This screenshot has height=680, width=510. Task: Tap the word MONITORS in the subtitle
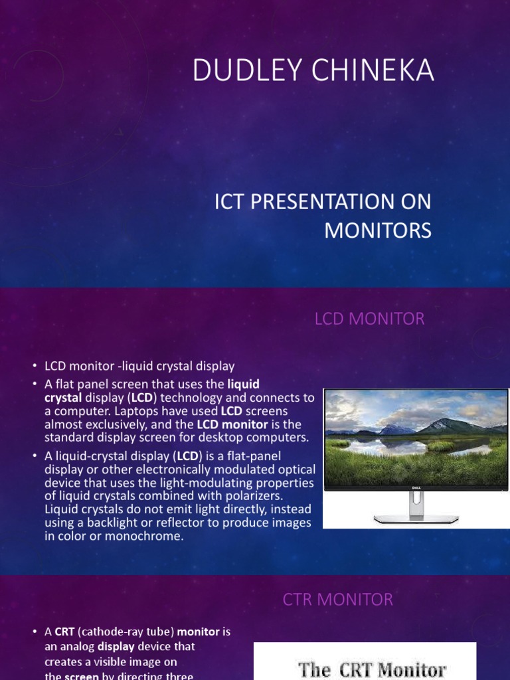(x=377, y=230)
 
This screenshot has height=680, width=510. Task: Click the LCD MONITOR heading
(x=369, y=319)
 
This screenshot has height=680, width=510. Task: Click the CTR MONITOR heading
(x=338, y=600)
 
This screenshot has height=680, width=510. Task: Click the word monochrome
(x=149, y=536)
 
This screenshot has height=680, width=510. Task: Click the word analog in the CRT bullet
(x=78, y=645)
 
